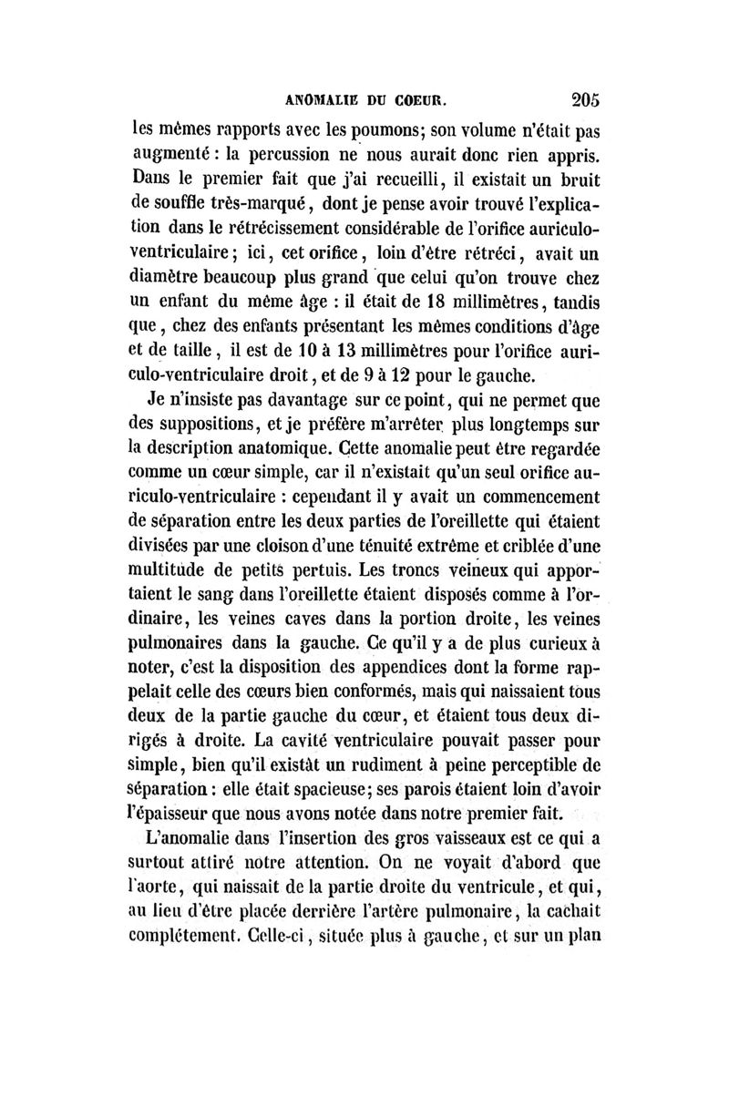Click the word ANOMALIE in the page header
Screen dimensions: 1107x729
319,97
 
